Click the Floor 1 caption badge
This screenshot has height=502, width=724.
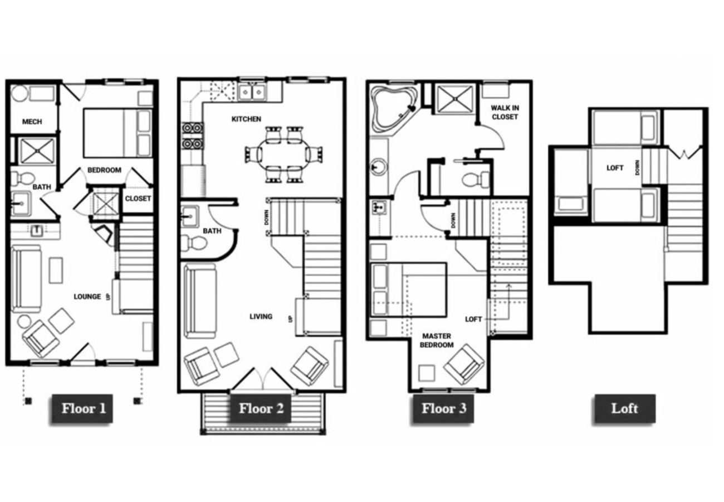coord(83,409)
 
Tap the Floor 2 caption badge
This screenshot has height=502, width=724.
coord(261,409)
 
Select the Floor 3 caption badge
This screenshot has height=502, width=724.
coord(443,409)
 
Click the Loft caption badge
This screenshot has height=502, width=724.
coord(624,409)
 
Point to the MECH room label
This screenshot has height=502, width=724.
coord(32,122)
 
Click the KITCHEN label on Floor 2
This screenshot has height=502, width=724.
coord(246,119)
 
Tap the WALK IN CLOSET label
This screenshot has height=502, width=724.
coord(505,112)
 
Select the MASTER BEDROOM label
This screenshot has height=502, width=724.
coord(437,340)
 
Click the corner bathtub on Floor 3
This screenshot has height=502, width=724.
coord(394,106)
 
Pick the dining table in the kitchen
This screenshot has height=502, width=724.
coord(283,154)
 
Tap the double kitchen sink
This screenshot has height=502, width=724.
coord(252,91)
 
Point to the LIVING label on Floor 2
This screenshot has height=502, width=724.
coord(261,316)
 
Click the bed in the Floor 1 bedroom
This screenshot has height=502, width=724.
coord(117,133)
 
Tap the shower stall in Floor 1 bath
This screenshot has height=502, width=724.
coord(37,150)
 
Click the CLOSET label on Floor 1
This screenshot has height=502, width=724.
coord(138,199)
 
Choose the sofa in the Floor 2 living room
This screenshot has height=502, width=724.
coord(199,301)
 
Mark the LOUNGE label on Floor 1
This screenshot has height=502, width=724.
coord(87,296)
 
